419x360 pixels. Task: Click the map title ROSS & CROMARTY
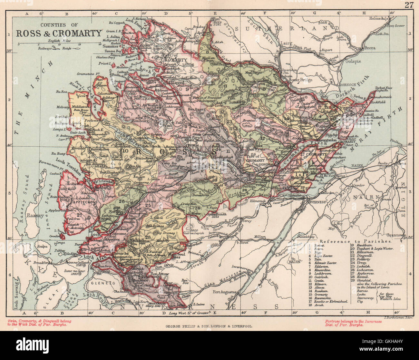(x=59, y=33)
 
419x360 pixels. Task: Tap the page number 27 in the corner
(x=409, y=5)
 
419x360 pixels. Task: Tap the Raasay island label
(x=35, y=216)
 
